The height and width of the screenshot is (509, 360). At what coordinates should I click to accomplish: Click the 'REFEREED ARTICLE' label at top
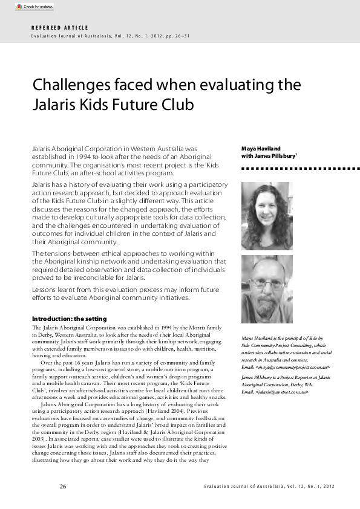click(x=59, y=28)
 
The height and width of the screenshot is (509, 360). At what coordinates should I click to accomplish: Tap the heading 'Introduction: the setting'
click(x=68, y=319)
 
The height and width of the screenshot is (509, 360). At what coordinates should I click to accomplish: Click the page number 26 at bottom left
click(x=63, y=487)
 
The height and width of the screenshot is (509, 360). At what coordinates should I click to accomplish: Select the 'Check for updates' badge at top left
click(x=34, y=7)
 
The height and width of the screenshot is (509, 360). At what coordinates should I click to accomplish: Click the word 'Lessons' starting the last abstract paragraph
click(x=44, y=290)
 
